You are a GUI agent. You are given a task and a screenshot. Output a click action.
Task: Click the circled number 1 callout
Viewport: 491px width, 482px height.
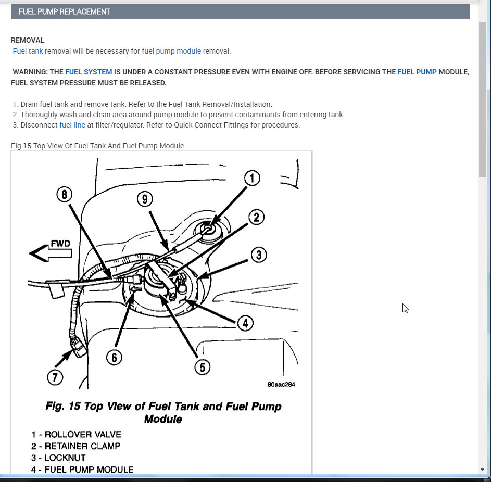tap(252, 179)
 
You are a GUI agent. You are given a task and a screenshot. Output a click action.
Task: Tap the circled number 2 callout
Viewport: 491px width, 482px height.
tap(257, 217)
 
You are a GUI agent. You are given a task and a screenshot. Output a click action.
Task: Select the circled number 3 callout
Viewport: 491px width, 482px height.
tap(259, 255)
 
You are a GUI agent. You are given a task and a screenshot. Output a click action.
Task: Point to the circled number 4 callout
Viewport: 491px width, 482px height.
tap(245, 323)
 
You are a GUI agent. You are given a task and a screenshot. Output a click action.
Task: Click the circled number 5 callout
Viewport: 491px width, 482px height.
tap(203, 367)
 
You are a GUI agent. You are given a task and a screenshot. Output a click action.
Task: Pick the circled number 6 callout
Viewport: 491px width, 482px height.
tap(114, 358)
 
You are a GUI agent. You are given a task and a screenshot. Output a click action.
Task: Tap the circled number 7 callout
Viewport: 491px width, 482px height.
tap(55, 377)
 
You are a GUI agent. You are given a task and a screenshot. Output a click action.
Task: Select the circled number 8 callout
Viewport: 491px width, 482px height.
tap(65, 194)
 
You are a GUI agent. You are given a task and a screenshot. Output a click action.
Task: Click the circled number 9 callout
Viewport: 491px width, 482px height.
tap(145, 199)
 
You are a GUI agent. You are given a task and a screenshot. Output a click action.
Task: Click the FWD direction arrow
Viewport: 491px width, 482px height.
tap(50, 252)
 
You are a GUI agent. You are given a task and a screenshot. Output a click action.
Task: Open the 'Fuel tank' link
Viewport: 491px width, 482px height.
tap(28, 51)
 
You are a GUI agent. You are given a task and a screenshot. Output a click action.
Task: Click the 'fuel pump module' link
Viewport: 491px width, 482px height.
tap(171, 51)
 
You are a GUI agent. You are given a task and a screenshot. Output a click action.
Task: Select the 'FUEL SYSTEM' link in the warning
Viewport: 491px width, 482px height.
tap(89, 72)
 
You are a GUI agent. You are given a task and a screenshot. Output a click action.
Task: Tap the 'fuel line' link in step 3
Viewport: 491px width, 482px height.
tap(72, 125)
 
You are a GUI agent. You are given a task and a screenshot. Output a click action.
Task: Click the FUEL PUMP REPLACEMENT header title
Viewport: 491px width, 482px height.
tap(65, 11)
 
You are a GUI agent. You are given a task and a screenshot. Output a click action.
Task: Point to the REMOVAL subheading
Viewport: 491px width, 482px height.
tap(28, 40)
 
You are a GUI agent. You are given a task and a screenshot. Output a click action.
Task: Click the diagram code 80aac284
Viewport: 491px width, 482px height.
tap(281, 384)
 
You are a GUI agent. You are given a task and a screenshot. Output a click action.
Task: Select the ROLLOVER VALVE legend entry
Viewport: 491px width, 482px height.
tap(76, 435)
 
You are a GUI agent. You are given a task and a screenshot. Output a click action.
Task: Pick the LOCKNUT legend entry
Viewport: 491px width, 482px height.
tap(58, 458)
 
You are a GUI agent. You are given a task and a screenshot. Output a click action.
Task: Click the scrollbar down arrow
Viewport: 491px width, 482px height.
tap(482, 470)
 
